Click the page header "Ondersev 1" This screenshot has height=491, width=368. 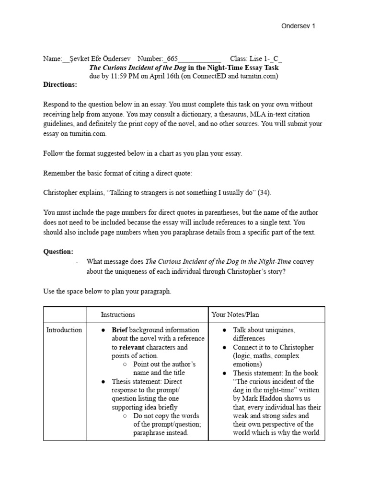click(298, 26)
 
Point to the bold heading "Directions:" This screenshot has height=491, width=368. click(60, 84)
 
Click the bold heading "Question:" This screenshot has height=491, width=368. click(58, 251)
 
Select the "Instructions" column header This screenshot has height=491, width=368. click(118, 315)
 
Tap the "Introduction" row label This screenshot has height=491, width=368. click(64, 330)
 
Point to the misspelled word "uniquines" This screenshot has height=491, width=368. click(280, 330)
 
